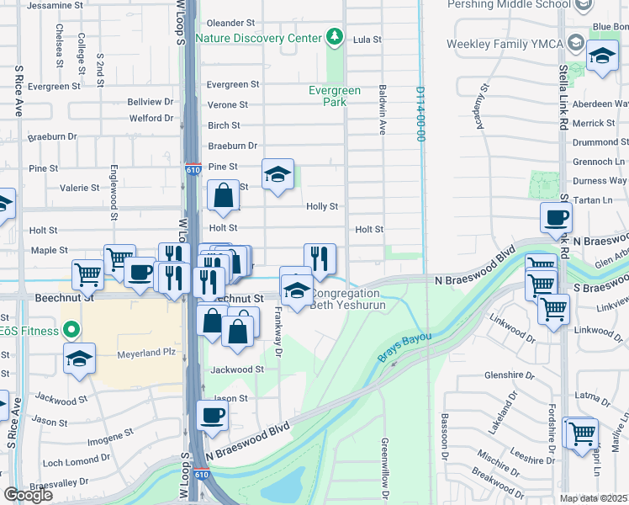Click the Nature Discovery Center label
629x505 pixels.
(x=259, y=38)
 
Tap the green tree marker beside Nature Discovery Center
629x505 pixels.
(x=336, y=37)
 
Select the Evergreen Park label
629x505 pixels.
(x=334, y=96)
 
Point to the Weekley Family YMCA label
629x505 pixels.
(x=505, y=43)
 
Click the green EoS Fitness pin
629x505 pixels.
(x=71, y=331)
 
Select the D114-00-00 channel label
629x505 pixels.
(x=418, y=114)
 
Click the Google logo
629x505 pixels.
(x=28, y=495)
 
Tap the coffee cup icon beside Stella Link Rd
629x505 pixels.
(x=556, y=218)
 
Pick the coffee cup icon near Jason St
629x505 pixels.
(x=213, y=416)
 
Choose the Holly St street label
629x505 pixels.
(x=322, y=206)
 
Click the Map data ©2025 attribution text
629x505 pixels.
(x=594, y=498)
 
